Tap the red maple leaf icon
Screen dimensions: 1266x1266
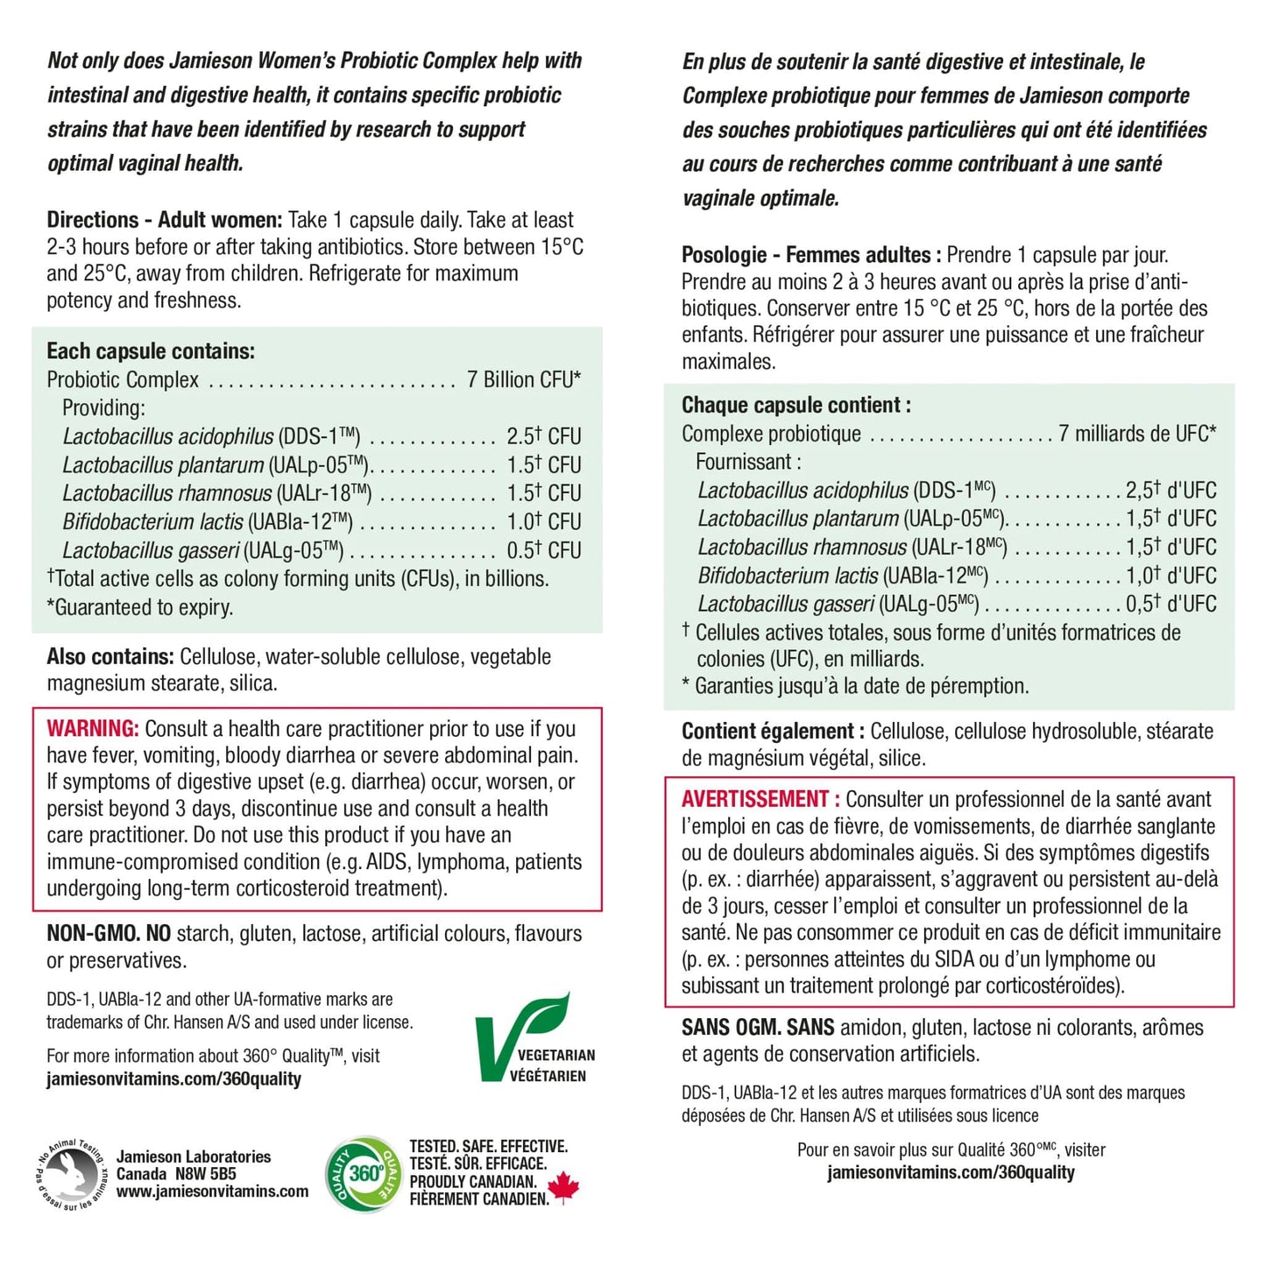(x=563, y=1188)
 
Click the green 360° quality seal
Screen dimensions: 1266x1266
(x=363, y=1173)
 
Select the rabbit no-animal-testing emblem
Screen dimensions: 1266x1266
(x=73, y=1173)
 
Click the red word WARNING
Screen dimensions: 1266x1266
(x=92, y=729)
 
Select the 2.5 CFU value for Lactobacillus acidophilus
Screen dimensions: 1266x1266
(x=543, y=436)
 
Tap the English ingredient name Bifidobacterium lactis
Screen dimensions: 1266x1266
(x=152, y=522)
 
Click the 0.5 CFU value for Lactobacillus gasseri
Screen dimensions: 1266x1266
(x=543, y=550)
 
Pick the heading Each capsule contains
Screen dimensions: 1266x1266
(x=151, y=351)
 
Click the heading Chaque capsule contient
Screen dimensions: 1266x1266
(x=796, y=405)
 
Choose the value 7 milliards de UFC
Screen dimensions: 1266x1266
(x=1136, y=434)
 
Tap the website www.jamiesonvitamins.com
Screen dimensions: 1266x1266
(x=212, y=1192)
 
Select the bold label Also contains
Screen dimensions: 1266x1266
(x=110, y=657)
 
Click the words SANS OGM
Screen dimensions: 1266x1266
(x=732, y=1028)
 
